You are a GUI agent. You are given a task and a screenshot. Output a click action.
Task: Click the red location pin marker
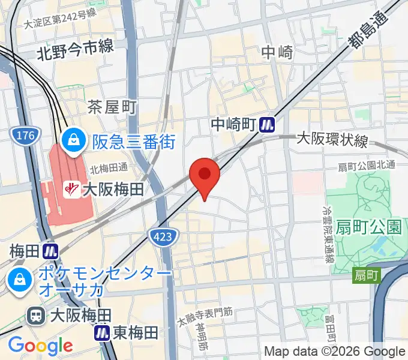(x=205, y=175)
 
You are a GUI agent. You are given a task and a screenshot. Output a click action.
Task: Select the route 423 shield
(x=163, y=236)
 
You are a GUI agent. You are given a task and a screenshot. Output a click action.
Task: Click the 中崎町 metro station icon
(x=267, y=125)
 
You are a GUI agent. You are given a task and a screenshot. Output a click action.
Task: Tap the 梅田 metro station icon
(x=50, y=250)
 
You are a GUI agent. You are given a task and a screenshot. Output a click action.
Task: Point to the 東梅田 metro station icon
(x=103, y=332)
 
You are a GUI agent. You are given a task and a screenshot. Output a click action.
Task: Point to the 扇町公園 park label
(x=368, y=227)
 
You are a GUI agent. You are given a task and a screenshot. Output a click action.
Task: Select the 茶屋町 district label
(x=112, y=107)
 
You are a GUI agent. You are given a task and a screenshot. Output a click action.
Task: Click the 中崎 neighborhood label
(x=277, y=53)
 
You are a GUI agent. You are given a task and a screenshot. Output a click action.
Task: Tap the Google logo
(x=40, y=345)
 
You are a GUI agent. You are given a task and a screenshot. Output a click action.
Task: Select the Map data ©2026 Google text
(x=335, y=351)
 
